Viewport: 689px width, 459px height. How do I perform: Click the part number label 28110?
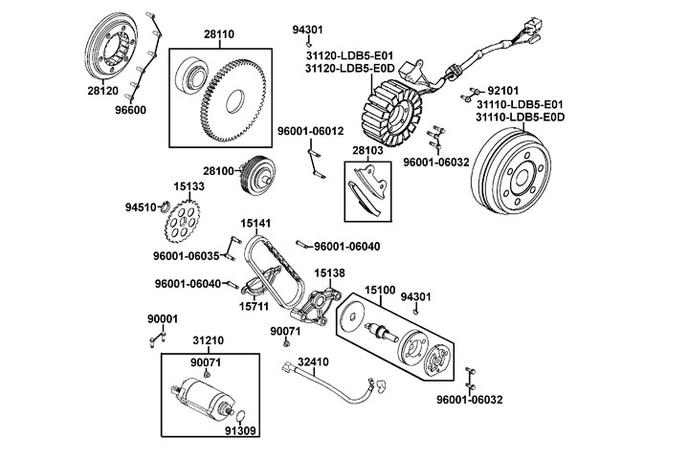(x=218, y=33)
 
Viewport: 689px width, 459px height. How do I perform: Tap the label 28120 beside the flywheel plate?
(x=102, y=92)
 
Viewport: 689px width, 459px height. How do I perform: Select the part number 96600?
(x=130, y=110)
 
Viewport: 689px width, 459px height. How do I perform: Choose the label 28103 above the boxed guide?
(x=367, y=151)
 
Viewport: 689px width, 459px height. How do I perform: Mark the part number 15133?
(x=189, y=187)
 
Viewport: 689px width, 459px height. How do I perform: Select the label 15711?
(x=255, y=307)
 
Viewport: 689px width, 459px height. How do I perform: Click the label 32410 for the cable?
(x=313, y=362)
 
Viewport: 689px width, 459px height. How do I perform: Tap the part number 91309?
(x=239, y=430)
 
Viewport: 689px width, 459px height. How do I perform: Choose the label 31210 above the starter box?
(x=208, y=339)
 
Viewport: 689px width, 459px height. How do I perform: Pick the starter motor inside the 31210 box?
(x=200, y=403)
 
